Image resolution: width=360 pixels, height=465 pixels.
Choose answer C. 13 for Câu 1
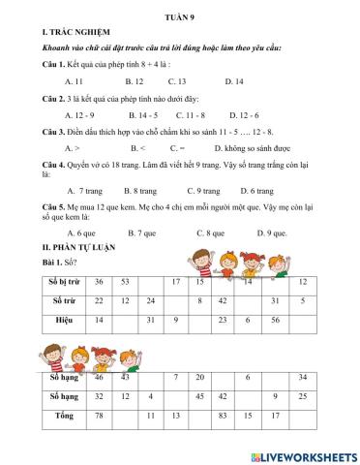coord(176,81)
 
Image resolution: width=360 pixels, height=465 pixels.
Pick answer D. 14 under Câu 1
coord(234,81)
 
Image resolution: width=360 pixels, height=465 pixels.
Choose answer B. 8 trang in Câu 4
coord(140,190)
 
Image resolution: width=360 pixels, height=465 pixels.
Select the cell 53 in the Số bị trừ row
coord(125,281)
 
